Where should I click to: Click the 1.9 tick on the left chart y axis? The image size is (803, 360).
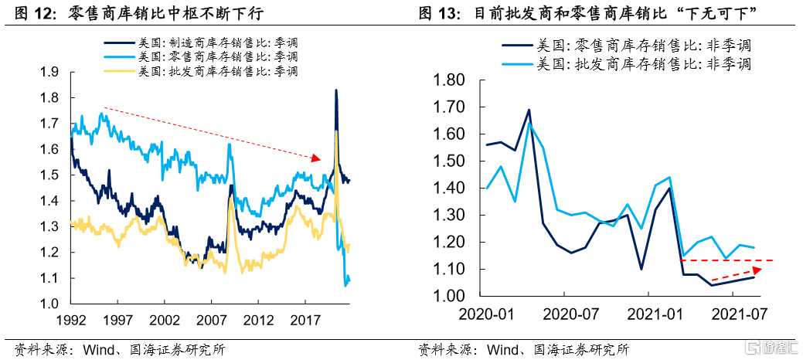(50, 73)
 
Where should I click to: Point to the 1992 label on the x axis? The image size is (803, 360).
(71, 319)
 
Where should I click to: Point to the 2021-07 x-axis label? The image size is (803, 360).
(738, 314)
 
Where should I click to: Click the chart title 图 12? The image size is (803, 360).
(30, 13)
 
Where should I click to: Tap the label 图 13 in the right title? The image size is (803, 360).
(438, 13)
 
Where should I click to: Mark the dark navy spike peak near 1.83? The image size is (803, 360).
(335, 90)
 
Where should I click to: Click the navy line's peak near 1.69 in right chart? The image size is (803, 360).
(529, 110)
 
